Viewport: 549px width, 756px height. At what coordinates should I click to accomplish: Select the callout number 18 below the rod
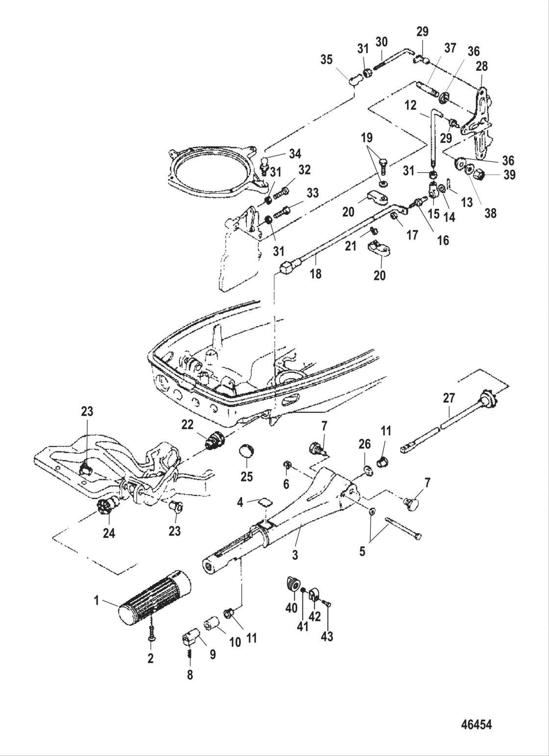point(316,274)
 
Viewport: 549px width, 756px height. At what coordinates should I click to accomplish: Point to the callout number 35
point(326,60)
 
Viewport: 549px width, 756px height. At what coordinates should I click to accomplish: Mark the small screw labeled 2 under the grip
point(151,636)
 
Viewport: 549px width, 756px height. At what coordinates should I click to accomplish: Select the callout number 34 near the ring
point(295,154)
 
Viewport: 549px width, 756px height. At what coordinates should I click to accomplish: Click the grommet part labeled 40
point(293,585)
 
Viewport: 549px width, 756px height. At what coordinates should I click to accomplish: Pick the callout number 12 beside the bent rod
point(410,105)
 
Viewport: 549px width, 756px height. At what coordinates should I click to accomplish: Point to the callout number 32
point(304,170)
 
